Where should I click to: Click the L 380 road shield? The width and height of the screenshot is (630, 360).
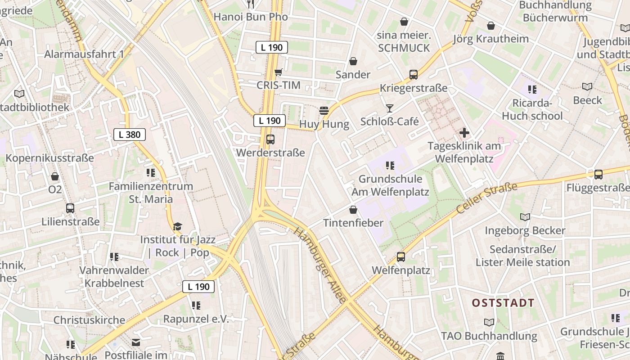(x=130, y=135)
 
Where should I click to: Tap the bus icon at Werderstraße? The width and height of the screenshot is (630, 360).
(x=270, y=139)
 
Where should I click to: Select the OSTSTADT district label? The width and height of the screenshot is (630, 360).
(x=503, y=303)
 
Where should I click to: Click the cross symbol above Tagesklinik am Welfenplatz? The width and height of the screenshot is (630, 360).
(x=464, y=133)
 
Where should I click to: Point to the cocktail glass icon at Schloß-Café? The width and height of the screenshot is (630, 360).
(x=390, y=108)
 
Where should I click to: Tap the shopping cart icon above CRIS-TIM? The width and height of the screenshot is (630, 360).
(x=279, y=72)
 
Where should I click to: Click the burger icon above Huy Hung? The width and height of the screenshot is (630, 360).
(x=324, y=111)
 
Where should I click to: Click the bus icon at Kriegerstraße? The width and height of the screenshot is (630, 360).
(x=413, y=75)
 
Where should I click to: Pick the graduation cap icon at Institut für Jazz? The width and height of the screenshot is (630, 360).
(x=178, y=227)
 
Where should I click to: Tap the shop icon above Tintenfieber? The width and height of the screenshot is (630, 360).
(x=353, y=210)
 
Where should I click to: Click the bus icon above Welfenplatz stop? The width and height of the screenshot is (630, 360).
(x=400, y=257)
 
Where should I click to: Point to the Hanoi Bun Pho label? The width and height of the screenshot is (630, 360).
(x=251, y=17)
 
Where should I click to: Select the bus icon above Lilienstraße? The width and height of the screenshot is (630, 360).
(x=70, y=208)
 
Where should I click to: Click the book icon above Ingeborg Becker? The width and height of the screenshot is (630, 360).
(x=525, y=217)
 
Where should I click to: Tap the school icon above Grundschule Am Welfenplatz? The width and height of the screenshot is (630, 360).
(x=390, y=166)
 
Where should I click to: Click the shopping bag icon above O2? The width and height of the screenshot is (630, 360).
(x=55, y=176)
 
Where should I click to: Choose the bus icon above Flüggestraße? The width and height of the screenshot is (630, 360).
(x=598, y=175)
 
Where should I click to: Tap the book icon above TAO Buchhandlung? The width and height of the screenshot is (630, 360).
(x=489, y=322)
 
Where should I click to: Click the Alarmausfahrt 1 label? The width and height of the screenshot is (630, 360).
(x=84, y=54)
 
